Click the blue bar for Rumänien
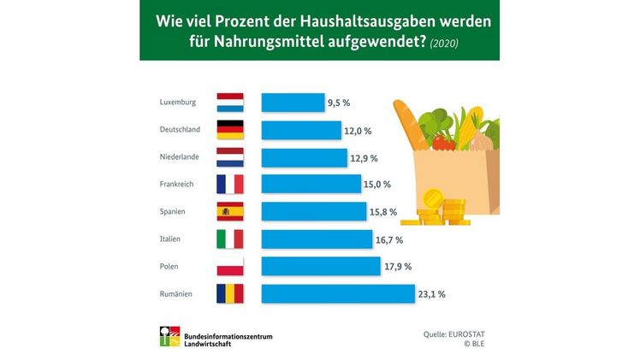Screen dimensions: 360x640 pos(337,293)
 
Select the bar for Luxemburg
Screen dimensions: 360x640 pos(292,103)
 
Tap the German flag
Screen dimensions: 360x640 pos(231,130)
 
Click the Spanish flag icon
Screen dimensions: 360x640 pos(231,211)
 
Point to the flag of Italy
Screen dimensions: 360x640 pos(231,239)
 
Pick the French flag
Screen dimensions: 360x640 pos(231,184)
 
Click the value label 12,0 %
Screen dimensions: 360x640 pos(359,131)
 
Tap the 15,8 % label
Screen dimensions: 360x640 pos(385,212)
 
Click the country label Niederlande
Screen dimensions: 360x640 pos(181,157)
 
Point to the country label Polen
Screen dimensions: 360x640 pos(170,267)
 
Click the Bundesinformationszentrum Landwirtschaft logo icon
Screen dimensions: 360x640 pos(170,339)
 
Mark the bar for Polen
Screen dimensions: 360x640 pos(320,266)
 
